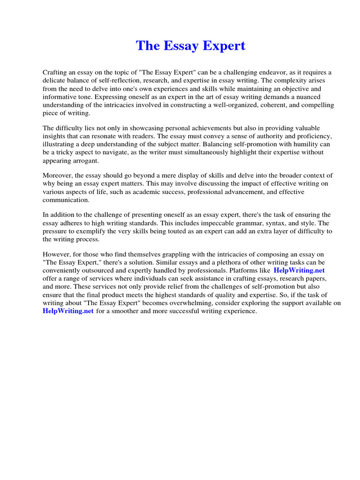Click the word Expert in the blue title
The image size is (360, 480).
pyautogui.click(x=222, y=46)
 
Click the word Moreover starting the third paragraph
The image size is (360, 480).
pyautogui.click(x=59, y=175)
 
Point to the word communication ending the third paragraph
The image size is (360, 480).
pyautogui.click(x=66, y=200)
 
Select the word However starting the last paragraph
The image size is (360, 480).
pyautogui.click(x=57, y=254)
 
